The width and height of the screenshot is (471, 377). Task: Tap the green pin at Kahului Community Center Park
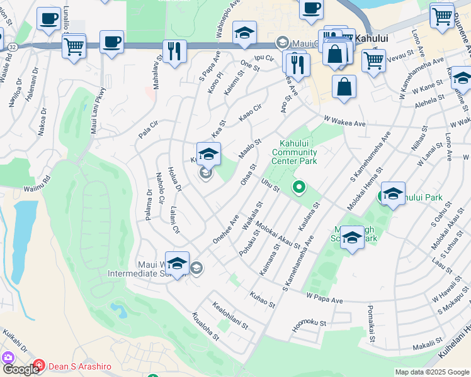click(x=300, y=187)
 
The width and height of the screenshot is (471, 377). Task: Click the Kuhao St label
click(x=263, y=300)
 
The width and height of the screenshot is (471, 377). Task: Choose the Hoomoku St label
click(x=310, y=325)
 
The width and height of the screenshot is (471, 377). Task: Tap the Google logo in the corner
click(x=21, y=369)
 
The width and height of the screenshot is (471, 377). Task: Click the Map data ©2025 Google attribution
click(x=432, y=372)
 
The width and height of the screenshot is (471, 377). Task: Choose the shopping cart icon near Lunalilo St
click(x=74, y=46)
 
